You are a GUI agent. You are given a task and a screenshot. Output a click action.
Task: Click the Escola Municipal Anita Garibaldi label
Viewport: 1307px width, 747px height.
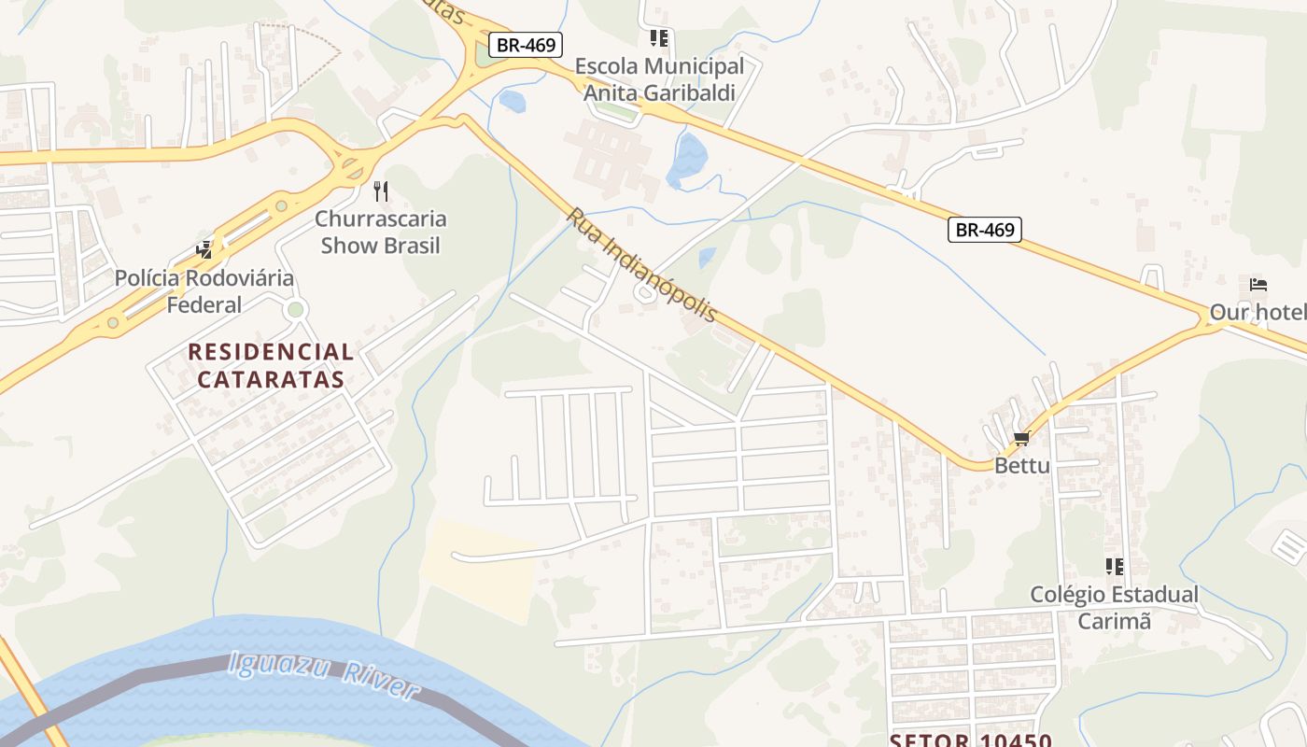[659, 79]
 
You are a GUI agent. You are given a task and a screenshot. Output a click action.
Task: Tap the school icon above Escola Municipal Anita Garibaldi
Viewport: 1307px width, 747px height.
[659, 38]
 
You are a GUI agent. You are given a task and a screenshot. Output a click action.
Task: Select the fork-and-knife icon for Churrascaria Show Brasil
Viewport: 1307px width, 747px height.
[380, 191]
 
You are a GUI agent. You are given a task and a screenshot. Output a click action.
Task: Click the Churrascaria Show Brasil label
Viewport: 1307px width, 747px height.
[380, 233]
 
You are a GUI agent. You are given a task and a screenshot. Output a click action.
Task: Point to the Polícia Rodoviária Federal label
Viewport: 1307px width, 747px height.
[204, 290]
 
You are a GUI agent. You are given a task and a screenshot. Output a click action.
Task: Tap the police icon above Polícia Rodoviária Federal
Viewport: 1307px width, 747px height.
[204, 249]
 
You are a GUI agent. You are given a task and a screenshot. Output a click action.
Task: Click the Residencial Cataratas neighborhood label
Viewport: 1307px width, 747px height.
[271, 366]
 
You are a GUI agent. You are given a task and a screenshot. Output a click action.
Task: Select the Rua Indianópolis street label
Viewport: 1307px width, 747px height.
[641, 265]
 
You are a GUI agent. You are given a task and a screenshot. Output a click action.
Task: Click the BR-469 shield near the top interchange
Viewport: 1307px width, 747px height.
[526, 44]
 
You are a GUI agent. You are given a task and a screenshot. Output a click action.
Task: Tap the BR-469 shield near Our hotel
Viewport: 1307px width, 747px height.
[985, 229]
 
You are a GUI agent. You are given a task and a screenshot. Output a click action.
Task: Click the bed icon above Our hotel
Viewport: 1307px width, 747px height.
[1258, 284]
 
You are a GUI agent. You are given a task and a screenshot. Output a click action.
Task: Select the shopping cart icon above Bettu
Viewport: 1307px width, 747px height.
[1021, 438]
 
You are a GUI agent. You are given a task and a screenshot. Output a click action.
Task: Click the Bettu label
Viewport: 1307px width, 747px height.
[1022, 465]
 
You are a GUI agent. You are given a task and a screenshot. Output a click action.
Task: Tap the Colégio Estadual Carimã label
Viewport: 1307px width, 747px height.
[1114, 607]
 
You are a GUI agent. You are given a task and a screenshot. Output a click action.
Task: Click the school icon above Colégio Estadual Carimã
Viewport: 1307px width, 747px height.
[1114, 566]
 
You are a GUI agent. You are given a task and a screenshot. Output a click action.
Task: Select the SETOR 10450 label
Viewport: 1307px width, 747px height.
[971, 740]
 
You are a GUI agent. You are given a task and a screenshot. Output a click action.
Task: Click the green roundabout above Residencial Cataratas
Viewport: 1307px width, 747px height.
[296, 309]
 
